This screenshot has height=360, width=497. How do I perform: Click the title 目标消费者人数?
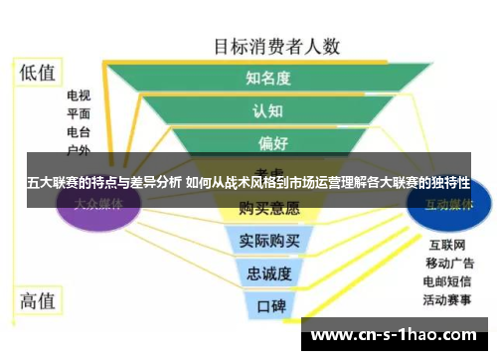[x=277, y=46]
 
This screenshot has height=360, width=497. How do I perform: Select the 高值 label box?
[x=39, y=299]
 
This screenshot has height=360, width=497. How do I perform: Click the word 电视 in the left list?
[x=80, y=96]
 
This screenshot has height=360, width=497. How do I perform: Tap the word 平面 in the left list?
[x=80, y=114]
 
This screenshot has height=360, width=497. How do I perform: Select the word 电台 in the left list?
[x=80, y=132]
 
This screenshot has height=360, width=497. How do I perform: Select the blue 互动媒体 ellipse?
[x=447, y=204]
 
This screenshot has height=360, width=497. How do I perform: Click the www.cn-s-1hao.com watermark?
[x=397, y=335]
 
